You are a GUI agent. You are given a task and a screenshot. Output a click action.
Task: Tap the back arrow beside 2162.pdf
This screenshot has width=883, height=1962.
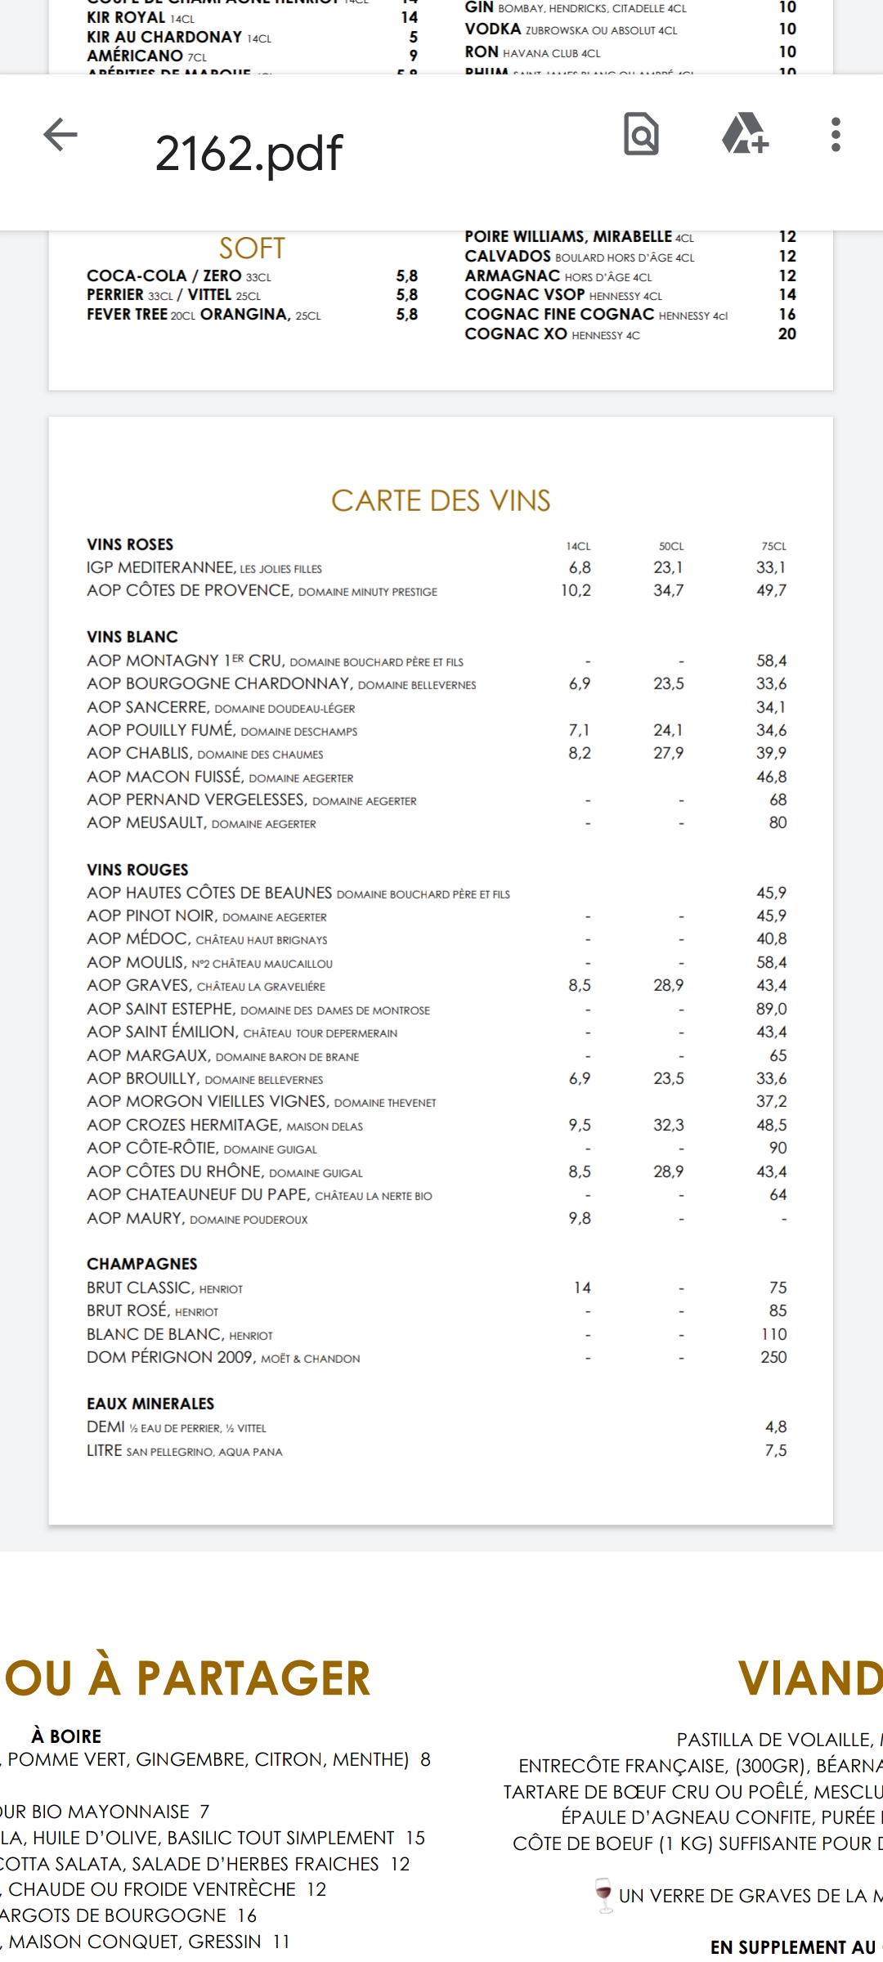point(61,135)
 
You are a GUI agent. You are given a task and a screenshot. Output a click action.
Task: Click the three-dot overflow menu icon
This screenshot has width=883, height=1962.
point(835,135)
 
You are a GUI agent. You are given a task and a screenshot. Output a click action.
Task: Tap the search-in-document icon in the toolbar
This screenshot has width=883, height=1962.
point(641,135)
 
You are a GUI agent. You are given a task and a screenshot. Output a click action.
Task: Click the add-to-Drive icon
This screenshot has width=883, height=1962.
point(745,135)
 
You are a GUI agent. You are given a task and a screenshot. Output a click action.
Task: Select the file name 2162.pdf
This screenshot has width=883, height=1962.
point(249,153)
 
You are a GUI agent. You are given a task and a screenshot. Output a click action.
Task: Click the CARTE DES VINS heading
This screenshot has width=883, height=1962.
point(441,500)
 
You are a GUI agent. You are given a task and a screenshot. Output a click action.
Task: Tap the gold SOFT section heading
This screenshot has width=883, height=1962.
point(252,249)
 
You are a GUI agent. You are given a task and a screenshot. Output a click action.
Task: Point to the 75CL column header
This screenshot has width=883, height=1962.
point(773,546)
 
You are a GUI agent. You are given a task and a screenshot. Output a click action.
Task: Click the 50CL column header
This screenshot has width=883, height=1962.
point(671,546)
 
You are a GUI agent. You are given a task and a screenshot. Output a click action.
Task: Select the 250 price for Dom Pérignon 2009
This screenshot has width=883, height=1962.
point(773,1357)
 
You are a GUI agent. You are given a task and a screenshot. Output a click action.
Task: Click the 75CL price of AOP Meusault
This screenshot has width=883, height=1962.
point(778,822)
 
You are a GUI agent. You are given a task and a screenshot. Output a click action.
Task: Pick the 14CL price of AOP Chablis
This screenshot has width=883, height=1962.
point(580,753)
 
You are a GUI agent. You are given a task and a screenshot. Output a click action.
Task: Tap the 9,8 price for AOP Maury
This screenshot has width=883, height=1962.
point(580,1218)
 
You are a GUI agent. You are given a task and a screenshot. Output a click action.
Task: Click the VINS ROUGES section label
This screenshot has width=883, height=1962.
point(137,870)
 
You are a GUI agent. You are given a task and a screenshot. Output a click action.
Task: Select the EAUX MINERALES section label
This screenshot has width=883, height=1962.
point(150,1404)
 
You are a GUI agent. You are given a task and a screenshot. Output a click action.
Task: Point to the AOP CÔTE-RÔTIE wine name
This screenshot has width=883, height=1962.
point(152,1148)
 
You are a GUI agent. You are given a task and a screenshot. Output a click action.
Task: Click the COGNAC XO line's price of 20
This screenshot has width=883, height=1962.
point(787,334)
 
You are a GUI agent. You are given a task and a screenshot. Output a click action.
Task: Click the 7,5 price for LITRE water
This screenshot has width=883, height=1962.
point(776,1450)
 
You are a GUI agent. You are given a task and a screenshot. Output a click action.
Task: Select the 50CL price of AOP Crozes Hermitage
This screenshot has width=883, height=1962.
point(669,1125)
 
